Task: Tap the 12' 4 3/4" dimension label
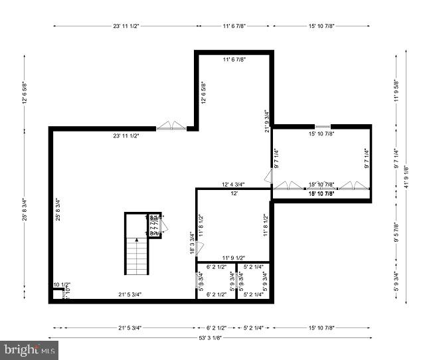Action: coord(233,185)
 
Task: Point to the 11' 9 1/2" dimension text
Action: coord(233,257)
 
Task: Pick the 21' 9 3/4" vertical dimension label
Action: coord(266,121)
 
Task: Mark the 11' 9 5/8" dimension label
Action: coord(396,90)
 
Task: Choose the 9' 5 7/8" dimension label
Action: coord(396,233)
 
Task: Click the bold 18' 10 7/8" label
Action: coord(321,193)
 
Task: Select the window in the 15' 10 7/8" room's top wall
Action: coord(322,126)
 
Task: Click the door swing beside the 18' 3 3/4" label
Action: coord(200,248)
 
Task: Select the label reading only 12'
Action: coord(234,193)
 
